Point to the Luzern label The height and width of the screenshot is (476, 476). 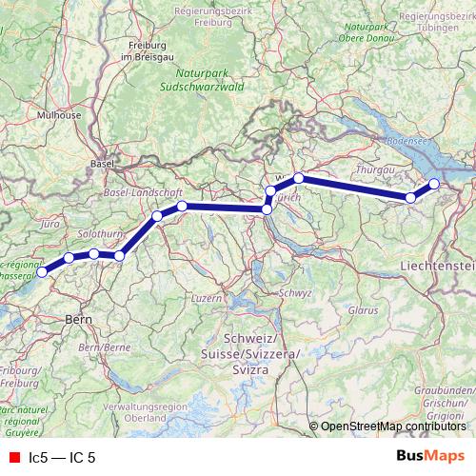[x=207, y=298]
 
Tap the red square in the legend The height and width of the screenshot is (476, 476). [x=13, y=457]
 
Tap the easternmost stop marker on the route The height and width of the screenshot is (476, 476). [x=434, y=184]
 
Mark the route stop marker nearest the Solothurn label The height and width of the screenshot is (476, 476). [x=94, y=254]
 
